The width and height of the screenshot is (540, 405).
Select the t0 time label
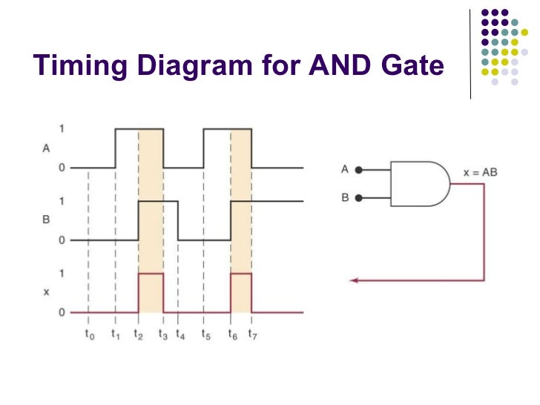pyautogui.click(x=89, y=335)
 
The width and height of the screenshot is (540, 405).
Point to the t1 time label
pyautogui.click(x=115, y=335)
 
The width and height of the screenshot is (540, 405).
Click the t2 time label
pyautogui.click(x=139, y=335)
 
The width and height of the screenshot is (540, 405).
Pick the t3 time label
pyautogui.click(x=163, y=335)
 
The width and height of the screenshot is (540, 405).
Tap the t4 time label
pyautogui.click(x=180, y=335)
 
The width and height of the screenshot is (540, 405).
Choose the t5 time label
pyautogui.click(x=205, y=335)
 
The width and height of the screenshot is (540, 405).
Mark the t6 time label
pyautogui.click(x=232, y=335)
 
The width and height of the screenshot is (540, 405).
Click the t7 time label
pyautogui.click(x=252, y=335)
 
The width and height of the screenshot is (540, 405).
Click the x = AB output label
pyautogui.click(x=480, y=172)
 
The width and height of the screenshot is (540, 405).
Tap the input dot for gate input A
pyautogui.click(x=359, y=170)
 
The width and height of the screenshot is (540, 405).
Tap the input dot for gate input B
pyautogui.click(x=359, y=198)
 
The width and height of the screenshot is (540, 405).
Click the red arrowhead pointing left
pyautogui.click(x=355, y=280)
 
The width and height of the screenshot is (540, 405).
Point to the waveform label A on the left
pyautogui.click(x=46, y=148)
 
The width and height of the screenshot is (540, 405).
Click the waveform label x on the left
pyautogui.click(x=46, y=292)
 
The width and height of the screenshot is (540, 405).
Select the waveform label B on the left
pyautogui.click(x=46, y=220)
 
